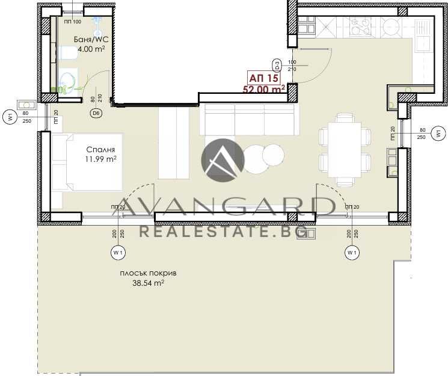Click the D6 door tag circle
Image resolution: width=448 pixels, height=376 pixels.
pos(96,112)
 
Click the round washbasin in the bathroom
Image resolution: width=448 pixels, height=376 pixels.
pos(68,79)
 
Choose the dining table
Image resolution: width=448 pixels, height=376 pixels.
pos(340,149)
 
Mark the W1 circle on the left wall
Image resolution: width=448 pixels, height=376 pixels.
pos(10,117)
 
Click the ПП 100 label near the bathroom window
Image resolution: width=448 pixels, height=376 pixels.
pos(72,22)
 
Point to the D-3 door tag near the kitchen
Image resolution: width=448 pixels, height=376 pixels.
pos(277,64)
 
